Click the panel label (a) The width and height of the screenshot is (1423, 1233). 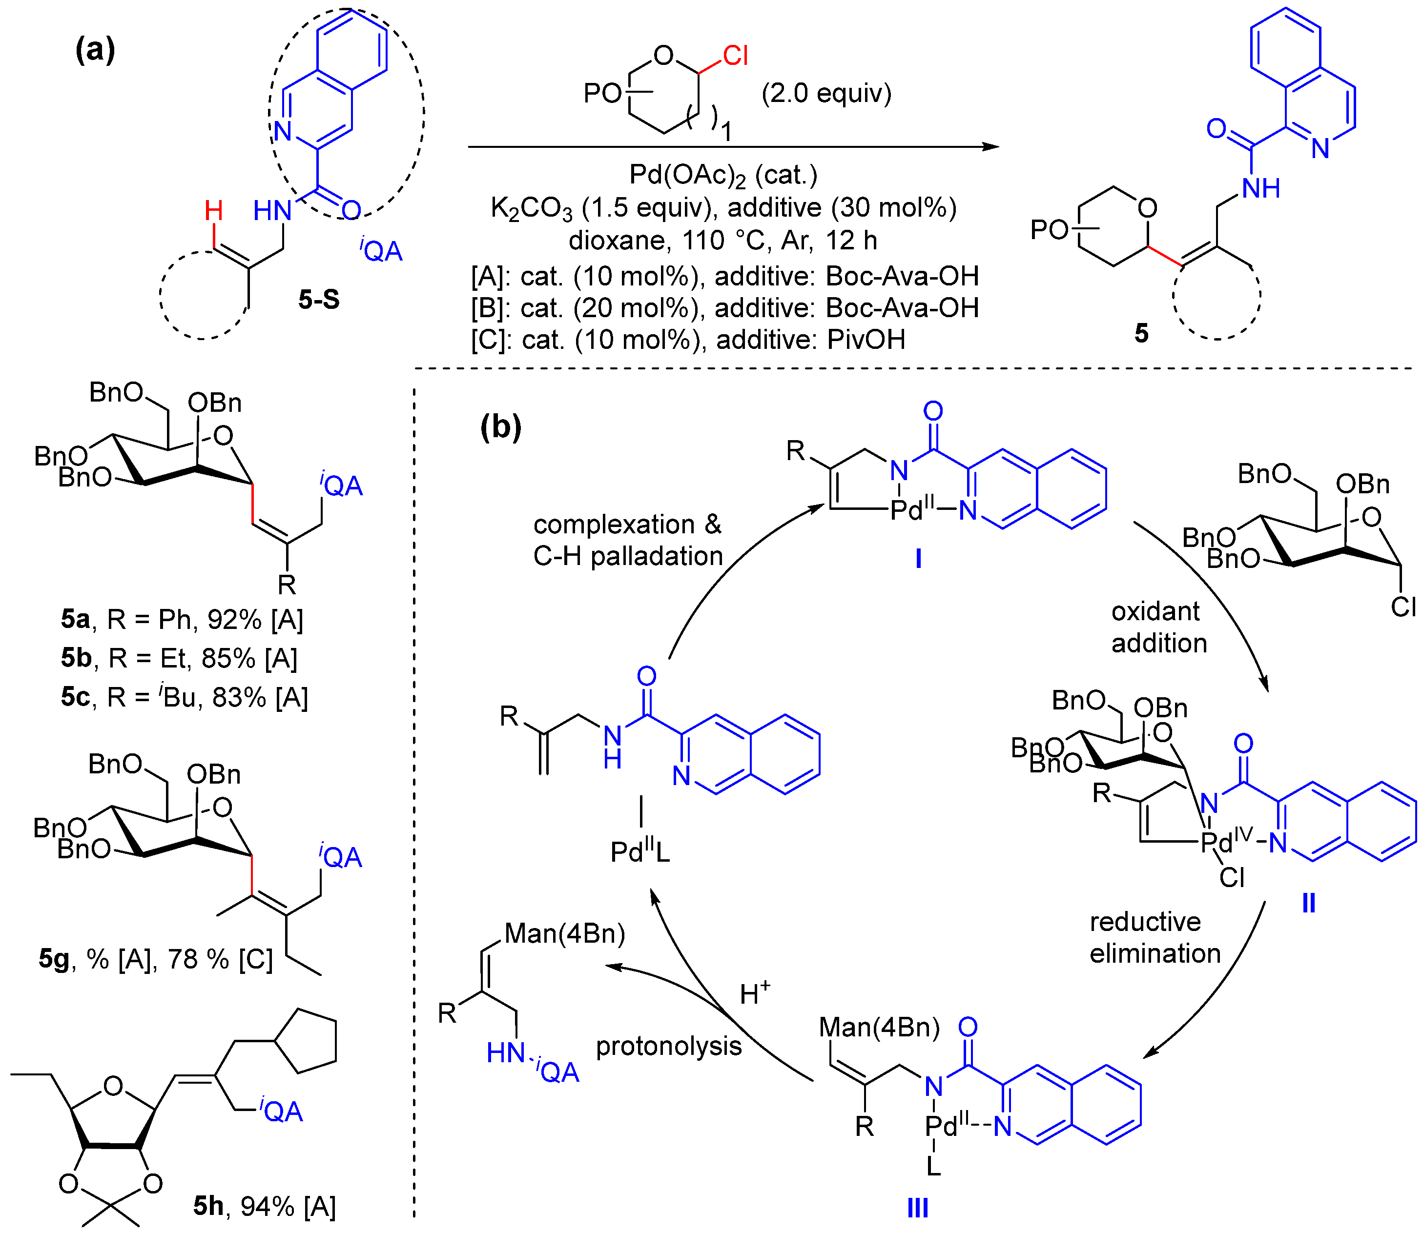click(x=95, y=50)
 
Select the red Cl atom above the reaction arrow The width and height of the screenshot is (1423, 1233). click(x=735, y=56)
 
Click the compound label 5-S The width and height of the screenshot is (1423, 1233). click(x=319, y=299)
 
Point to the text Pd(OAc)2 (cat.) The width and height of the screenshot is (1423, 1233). click(x=723, y=176)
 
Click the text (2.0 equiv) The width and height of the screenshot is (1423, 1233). click(x=826, y=93)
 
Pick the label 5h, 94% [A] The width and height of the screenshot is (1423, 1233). click(x=265, y=1206)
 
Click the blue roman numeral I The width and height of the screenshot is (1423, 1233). click(x=918, y=559)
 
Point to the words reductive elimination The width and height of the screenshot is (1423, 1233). click(x=1155, y=937)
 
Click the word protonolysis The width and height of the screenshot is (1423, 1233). click(x=668, y=1046)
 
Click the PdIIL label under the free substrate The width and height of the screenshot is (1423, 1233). click(x=639, y=852)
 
